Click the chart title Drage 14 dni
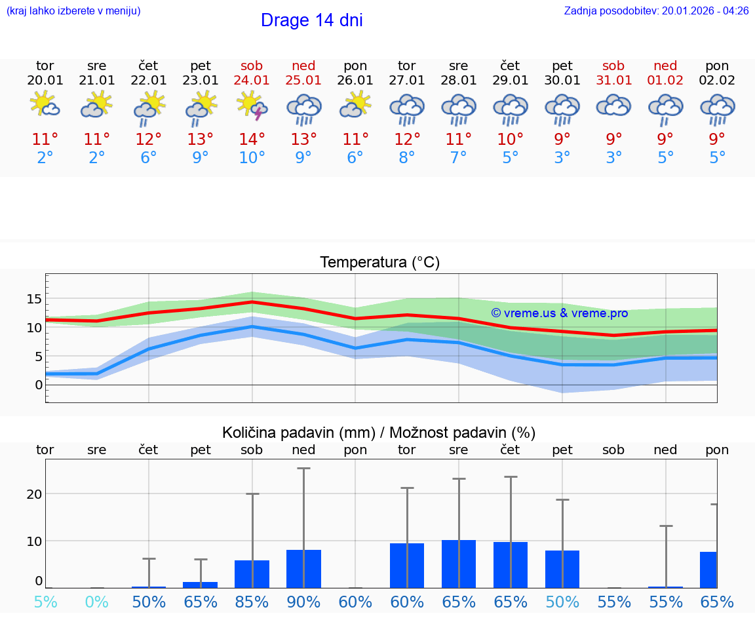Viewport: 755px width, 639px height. coord(311,20)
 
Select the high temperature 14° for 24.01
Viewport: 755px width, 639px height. coord(252,139)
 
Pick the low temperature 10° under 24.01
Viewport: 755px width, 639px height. coord(252,158)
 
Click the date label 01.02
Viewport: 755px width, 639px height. coord(665,81)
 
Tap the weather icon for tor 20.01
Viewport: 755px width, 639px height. coord(45,105)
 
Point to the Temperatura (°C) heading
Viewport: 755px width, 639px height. coord(379,263)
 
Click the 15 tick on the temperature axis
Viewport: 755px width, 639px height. coord(33,299)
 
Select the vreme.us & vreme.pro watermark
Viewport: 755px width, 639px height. coord(559,313)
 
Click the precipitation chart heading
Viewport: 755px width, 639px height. coord(378,433)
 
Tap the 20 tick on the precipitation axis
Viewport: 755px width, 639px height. coord(34,494)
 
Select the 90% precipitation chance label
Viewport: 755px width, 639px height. coord(303,602)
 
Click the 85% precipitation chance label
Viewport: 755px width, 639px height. coord(252,602)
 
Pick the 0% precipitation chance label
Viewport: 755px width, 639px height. coord(96,602)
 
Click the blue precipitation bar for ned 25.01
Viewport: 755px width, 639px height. coord(303,569)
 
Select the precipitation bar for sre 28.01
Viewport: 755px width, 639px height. coord(459,564)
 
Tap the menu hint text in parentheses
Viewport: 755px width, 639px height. coord(73,10)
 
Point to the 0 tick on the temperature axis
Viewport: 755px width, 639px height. coord(38,385)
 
